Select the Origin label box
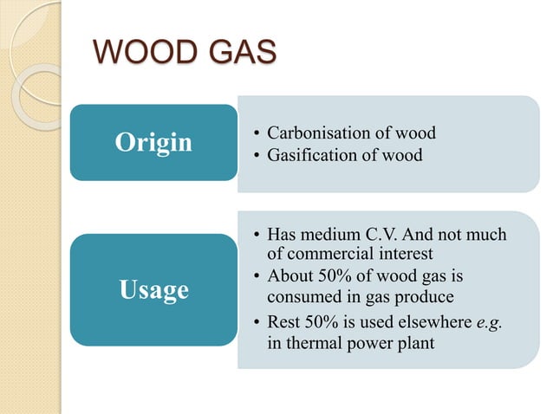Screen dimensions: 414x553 (153, 142)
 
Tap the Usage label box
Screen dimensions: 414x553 (153, 289)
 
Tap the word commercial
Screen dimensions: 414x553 (330, 253)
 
